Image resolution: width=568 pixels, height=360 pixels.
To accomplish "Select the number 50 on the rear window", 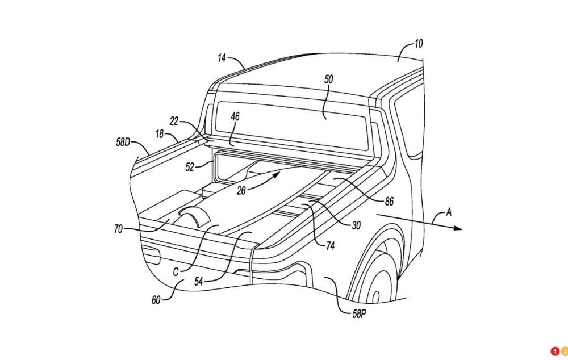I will [x=329, y=79].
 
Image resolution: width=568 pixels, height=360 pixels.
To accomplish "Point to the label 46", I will [x=235, y=116].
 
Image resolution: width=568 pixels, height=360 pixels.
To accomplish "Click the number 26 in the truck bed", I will [x=242, y=191].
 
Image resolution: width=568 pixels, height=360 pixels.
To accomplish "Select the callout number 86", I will [x=389, y=201].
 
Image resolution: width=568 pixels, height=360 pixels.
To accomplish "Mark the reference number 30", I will [x=356, y=226].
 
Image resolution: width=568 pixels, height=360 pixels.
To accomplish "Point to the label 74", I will [x=330, y=246].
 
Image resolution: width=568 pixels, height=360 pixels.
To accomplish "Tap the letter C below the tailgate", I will [x=177, y=271].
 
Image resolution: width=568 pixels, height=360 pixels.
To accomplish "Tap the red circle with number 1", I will [x=554, y=351].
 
